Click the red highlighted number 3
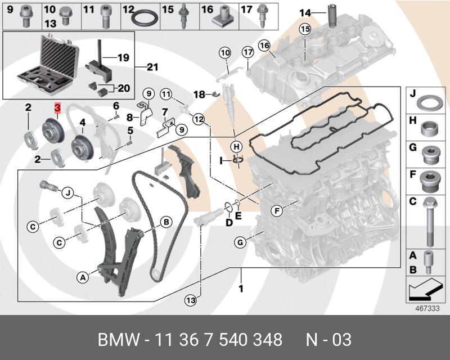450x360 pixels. (x=57, y=106)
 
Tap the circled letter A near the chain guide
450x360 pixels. (x=83, y=277)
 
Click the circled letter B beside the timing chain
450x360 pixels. (x=166, y=222)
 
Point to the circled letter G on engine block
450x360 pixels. (x=240, y=243)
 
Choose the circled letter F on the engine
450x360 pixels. (x=276, y=211)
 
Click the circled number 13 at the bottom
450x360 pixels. (x=191, y=301)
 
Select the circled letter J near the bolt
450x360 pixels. (x=68, y=193)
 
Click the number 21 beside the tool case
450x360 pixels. (x=152, y=67)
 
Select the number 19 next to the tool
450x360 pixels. (x=123, y=57)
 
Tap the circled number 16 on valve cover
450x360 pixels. (x=264, y=44)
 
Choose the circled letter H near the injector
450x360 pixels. (x=238, y=145)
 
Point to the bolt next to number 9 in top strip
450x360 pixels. (x=26, y=17)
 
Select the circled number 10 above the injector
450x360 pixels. (x=225, y=52)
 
